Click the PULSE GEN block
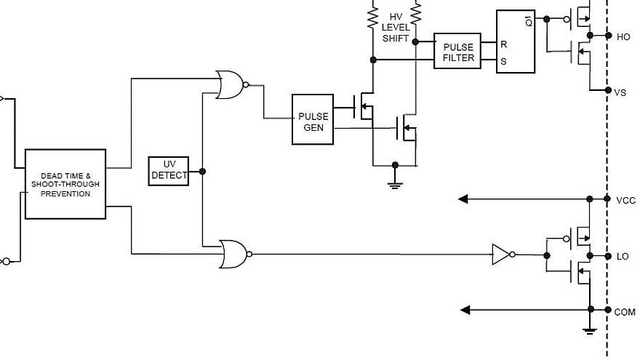313,119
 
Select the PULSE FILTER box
457,52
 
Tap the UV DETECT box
169,171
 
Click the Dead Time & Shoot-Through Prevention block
65,184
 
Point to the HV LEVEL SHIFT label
396,27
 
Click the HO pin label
623,36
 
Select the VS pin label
620,92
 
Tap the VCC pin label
625,200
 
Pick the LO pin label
623,257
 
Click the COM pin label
625,312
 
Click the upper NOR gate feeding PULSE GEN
231,85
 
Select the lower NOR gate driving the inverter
233,254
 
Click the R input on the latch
503,44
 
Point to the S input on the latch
503,62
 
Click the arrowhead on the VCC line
464,199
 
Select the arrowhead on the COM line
466,310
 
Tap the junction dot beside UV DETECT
202,172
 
